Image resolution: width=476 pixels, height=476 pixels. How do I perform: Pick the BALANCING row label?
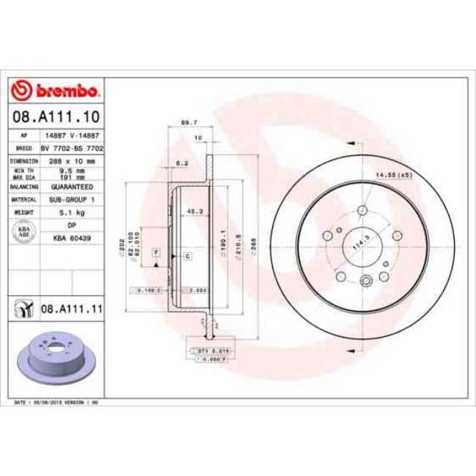(x=24, y=187)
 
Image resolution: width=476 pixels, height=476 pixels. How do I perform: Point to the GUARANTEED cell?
(x=72, y=187)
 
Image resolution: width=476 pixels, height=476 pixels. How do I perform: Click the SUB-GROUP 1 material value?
(x=72, y=199)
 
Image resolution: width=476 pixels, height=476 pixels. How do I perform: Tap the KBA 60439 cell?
(x=72, y=238)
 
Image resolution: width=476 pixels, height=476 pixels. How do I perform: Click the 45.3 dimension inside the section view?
(x=195, y=212)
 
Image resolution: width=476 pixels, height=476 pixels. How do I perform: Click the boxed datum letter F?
(x=156, y=253)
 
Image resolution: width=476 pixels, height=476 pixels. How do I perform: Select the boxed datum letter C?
(x=187, y=256)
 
